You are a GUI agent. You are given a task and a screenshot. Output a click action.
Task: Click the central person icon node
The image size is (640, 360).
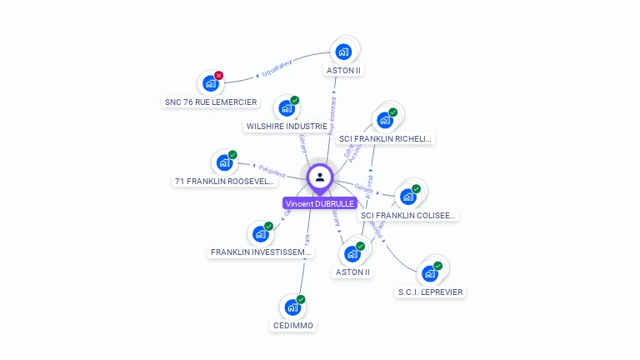tap(320, 177)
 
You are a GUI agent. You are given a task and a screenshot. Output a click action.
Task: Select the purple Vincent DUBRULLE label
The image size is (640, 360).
tap(320, 203)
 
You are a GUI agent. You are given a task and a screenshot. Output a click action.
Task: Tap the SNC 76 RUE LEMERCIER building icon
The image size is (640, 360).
tap(211, 83)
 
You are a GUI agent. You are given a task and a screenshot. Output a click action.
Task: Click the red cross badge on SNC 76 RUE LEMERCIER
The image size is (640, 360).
tap(219, 75)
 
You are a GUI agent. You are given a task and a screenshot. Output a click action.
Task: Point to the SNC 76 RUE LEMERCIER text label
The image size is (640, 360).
tap(211, 102)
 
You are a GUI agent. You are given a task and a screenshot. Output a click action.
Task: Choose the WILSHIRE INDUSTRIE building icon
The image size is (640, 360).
tap(287, 108)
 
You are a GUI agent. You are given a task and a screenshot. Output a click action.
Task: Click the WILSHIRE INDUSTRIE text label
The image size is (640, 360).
tap(287, 127)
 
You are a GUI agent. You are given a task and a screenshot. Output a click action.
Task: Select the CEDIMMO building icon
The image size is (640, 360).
tap(292, 307)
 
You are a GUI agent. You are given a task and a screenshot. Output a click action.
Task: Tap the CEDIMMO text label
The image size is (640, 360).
tap(294, 326)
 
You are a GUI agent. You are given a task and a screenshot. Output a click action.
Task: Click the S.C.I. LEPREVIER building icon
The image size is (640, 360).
tap(429, 273)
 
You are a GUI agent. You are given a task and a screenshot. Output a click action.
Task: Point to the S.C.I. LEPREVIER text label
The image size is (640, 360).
tap(430, 292)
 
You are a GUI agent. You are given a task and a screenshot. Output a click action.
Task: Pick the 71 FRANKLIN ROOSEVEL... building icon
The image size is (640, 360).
tap(224, 162)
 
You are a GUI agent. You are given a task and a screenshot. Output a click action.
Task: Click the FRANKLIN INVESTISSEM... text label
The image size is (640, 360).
tap(262, 252)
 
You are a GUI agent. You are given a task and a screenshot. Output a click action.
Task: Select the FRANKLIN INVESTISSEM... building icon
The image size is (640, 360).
tap(260, 234)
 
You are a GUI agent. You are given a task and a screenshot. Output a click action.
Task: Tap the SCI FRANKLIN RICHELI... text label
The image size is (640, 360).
tap(386, 138)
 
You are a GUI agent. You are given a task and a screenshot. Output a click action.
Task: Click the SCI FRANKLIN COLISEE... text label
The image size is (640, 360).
tap(408, 215)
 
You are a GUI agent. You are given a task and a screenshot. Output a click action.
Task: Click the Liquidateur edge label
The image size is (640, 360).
tap(275, 68)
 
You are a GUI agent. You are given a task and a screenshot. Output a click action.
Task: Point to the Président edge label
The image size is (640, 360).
tap(272, 170)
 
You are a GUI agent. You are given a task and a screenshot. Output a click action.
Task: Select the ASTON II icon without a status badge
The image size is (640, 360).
tap(343, 52)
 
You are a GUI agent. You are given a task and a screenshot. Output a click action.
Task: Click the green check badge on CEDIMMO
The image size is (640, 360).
tap(301, 299)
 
